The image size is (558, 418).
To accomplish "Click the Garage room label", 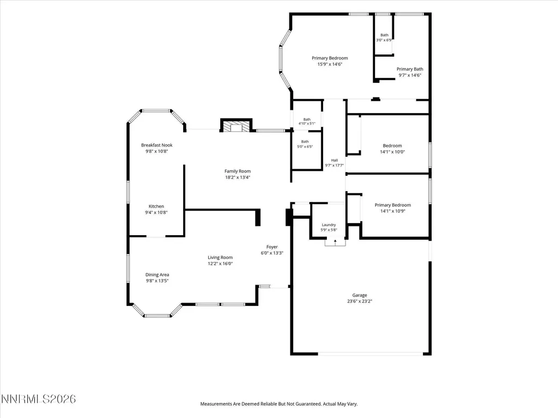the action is coord(360,295).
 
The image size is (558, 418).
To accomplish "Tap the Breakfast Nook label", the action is coord(156,145).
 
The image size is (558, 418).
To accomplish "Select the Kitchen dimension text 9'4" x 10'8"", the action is coord(156,213).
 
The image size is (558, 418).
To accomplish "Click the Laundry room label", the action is coord(329,225).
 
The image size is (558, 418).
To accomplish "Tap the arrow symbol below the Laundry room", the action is coord(335,242).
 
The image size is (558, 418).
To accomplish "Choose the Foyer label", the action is coord(272,247).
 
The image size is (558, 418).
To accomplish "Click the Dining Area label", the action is coord(157,274).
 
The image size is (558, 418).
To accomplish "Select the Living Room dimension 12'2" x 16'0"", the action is coord(220,263).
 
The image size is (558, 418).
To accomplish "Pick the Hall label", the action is coord(335,161).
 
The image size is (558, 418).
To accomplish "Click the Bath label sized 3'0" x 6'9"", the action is coord(384,35).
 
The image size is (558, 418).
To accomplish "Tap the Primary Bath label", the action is coord(410,69).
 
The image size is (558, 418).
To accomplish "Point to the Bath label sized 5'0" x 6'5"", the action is coord(305,142).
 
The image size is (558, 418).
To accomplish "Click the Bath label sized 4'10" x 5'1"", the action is coord(307,119).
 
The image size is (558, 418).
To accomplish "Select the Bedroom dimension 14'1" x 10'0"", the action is coord(392,152).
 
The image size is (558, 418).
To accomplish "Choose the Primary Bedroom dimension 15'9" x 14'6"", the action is coord(330,64).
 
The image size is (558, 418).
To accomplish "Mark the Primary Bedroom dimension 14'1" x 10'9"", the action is coord(393,211).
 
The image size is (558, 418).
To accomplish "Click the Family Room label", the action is coord(238,171).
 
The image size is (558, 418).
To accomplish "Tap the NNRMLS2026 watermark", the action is coord(39,399).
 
